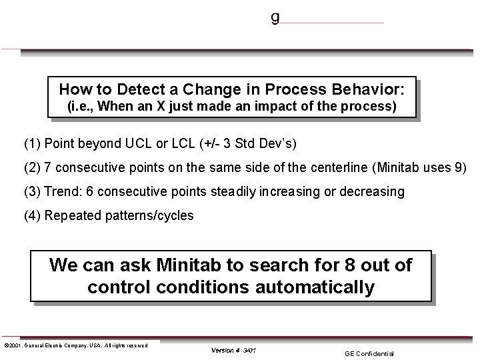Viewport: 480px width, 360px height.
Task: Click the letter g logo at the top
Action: [x=275, y=18]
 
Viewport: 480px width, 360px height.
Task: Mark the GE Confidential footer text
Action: [x=369, y=353]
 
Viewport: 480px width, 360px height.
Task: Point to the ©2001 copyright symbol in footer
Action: [x=5, y=345]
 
